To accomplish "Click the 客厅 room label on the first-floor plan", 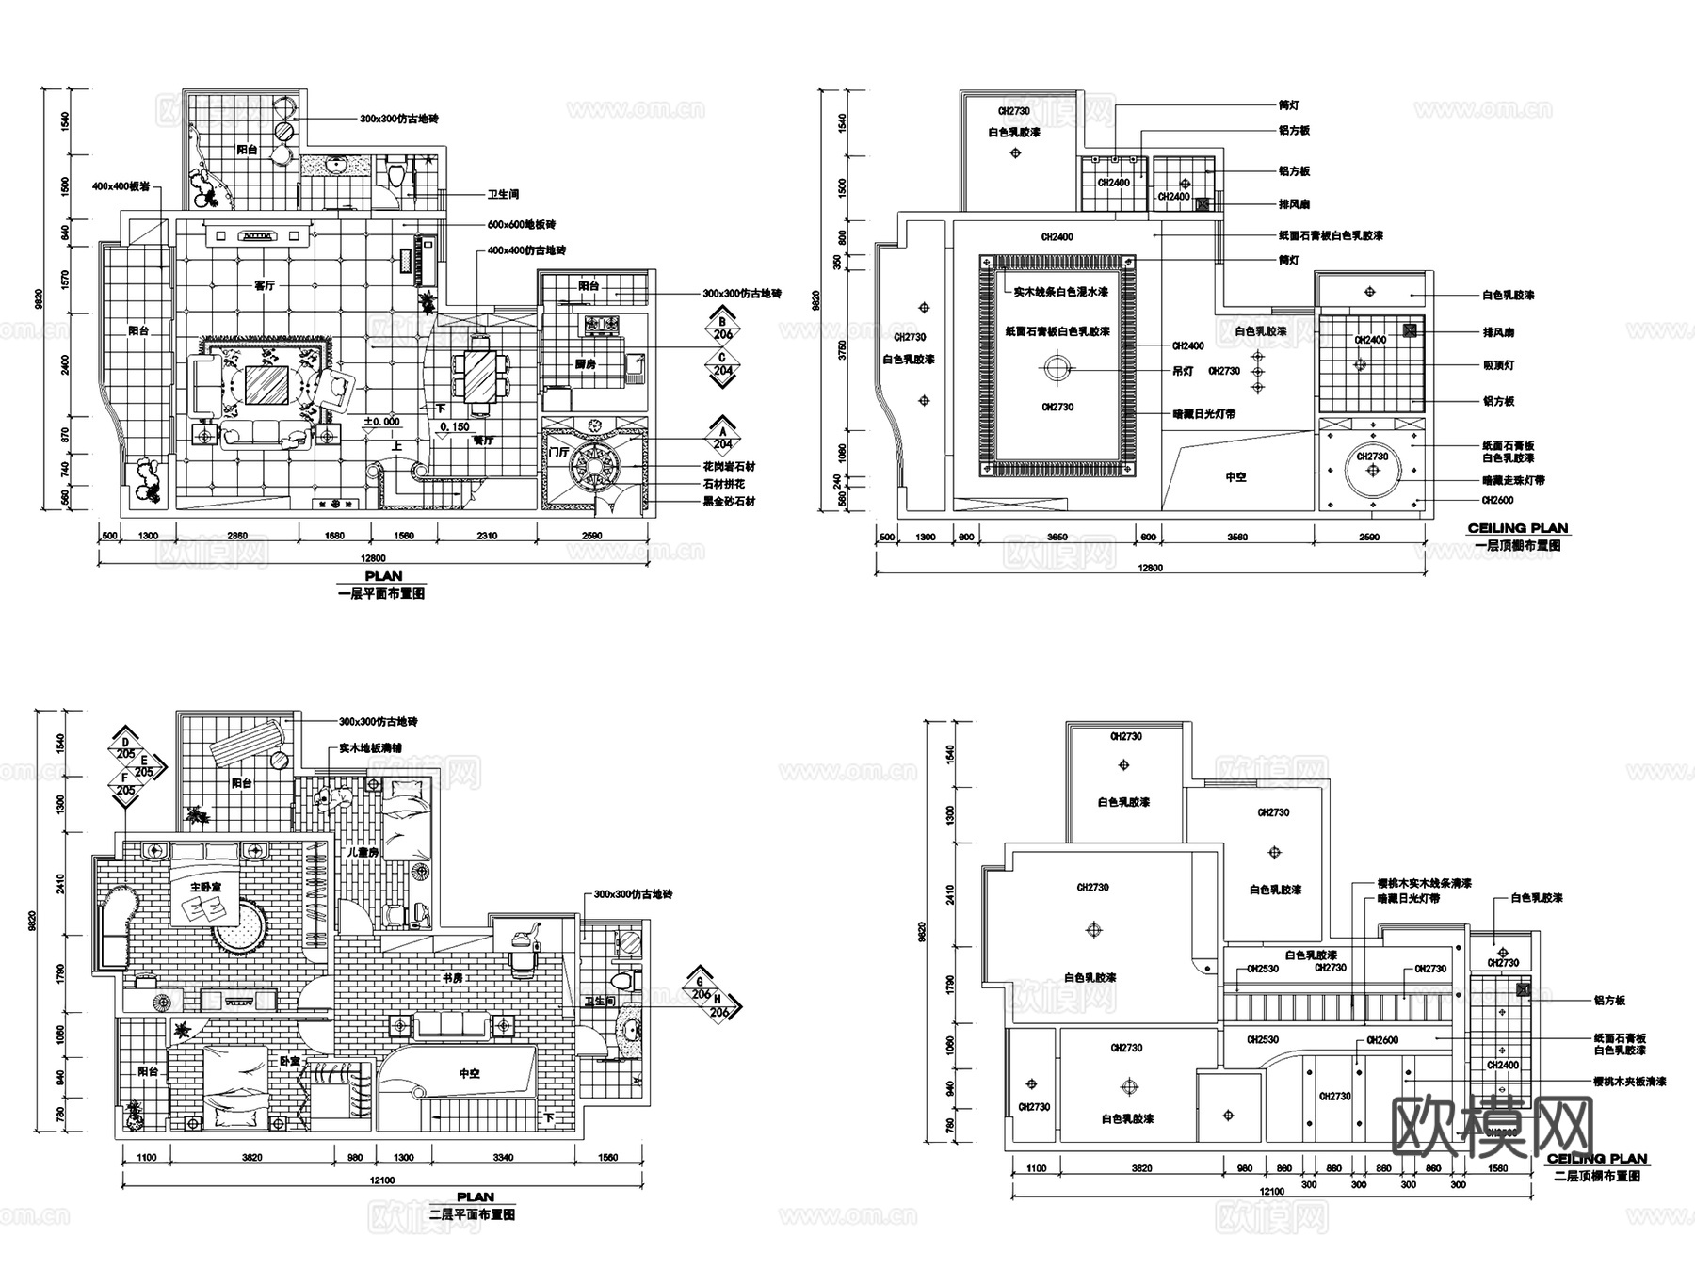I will (265, 285).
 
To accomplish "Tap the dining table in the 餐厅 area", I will (480, 376).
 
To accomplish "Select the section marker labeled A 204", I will (723, 434).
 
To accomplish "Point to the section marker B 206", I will (723, 326).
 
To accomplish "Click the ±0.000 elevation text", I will (382, 422).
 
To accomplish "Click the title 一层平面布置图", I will (381, 594).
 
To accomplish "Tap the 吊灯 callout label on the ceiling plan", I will (1183, 372).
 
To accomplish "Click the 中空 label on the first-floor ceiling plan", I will (1235, 477).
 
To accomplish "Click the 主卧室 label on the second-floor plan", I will (205, 888).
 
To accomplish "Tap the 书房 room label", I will (453, 978).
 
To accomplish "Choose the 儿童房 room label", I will (362, 852).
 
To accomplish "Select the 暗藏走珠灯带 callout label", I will (1513, 480).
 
